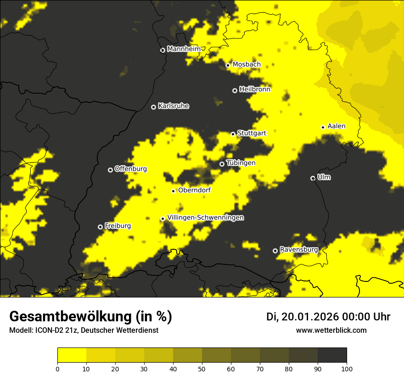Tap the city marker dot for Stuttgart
pyautogui.click(x=233, y=134)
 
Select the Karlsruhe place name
pyautogui.click(x=174, y=106)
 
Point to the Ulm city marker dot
pyautogui.click(x=313, y=178)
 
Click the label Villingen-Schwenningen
pyautogui.click(x=206, y=218)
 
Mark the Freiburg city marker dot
pyautogui.click(x=100, y=227)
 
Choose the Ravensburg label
pyautogui.click(x=299, y=250)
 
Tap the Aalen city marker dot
pyautogui.click(x=323, y=127)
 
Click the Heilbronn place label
pyautogui.click(x=255, y=90)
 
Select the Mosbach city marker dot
pyautogui.click(x=228, y=65)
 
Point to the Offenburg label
pyautogui.click(x=131, y=169)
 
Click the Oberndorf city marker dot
pyautogui.click(x=173, y=191)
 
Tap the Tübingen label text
pyautogui.click(x=241, y=163)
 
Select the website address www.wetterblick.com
pyautogui.click(x=331, y=330)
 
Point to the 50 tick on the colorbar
pyautogui.click(x=202, y=368)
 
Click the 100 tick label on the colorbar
pyautogui.click(x=347, y=368)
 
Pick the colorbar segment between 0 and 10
pyautogui.click(x=72, y=355)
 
